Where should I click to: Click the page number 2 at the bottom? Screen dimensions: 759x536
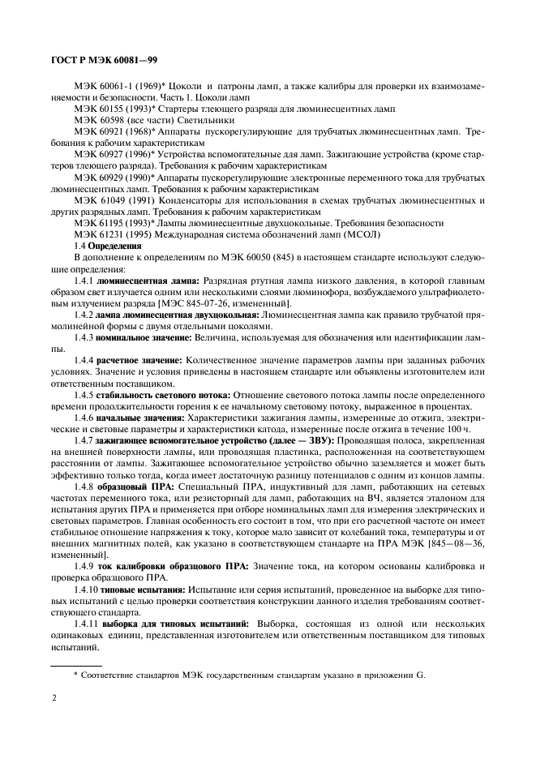pos(54,697)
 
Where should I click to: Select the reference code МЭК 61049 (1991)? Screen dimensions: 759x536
pos(109,198)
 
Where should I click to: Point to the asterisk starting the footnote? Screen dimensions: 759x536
pos(75,673)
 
